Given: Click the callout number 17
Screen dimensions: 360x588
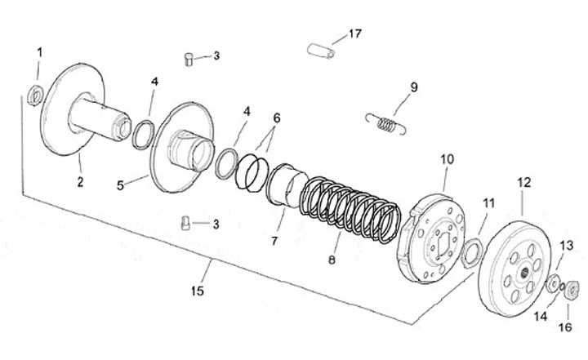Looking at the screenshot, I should click(x=354, y=33).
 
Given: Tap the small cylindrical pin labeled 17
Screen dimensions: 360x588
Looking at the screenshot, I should click(x=323, y=48).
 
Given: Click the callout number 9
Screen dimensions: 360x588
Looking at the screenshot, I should click(x=414, y=86).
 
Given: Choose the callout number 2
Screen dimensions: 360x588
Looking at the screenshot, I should click(x=80, y=181).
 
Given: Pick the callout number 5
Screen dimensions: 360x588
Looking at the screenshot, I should click(x=121, y=185).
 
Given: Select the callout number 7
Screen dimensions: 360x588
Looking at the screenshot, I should click(x=275, y=241).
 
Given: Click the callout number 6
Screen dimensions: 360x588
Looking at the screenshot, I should click(x=277, y=118).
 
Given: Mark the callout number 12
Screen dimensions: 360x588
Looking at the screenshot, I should click(x=524, y=184).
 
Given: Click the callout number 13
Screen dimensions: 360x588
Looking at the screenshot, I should click(x=566, y=245).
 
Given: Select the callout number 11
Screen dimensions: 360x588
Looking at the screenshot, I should click(x=488, y=202).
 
